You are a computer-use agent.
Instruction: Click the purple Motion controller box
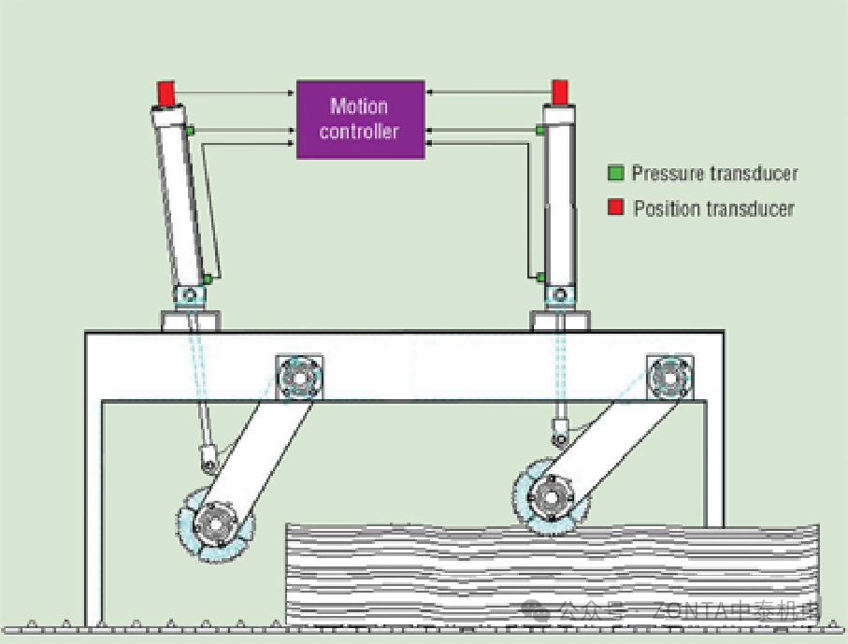360,119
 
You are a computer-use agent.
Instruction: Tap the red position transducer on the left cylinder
165,93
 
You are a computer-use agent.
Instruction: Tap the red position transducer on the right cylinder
560,92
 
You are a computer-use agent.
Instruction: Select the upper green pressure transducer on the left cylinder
189,130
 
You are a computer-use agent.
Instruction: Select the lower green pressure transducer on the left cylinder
208,279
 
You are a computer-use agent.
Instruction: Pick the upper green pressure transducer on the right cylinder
540,130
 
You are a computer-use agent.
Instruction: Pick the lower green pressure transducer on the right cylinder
541,277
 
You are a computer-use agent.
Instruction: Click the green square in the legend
615,173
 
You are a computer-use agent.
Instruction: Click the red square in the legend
615,208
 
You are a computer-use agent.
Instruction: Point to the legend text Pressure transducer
714,173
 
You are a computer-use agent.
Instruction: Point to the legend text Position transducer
713,208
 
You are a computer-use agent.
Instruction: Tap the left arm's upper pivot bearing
299,378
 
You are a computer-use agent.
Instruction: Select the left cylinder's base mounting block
192,321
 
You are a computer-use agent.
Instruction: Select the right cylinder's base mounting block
561,321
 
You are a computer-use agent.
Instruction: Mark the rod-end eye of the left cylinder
209,459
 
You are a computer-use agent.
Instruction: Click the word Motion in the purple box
359,106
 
